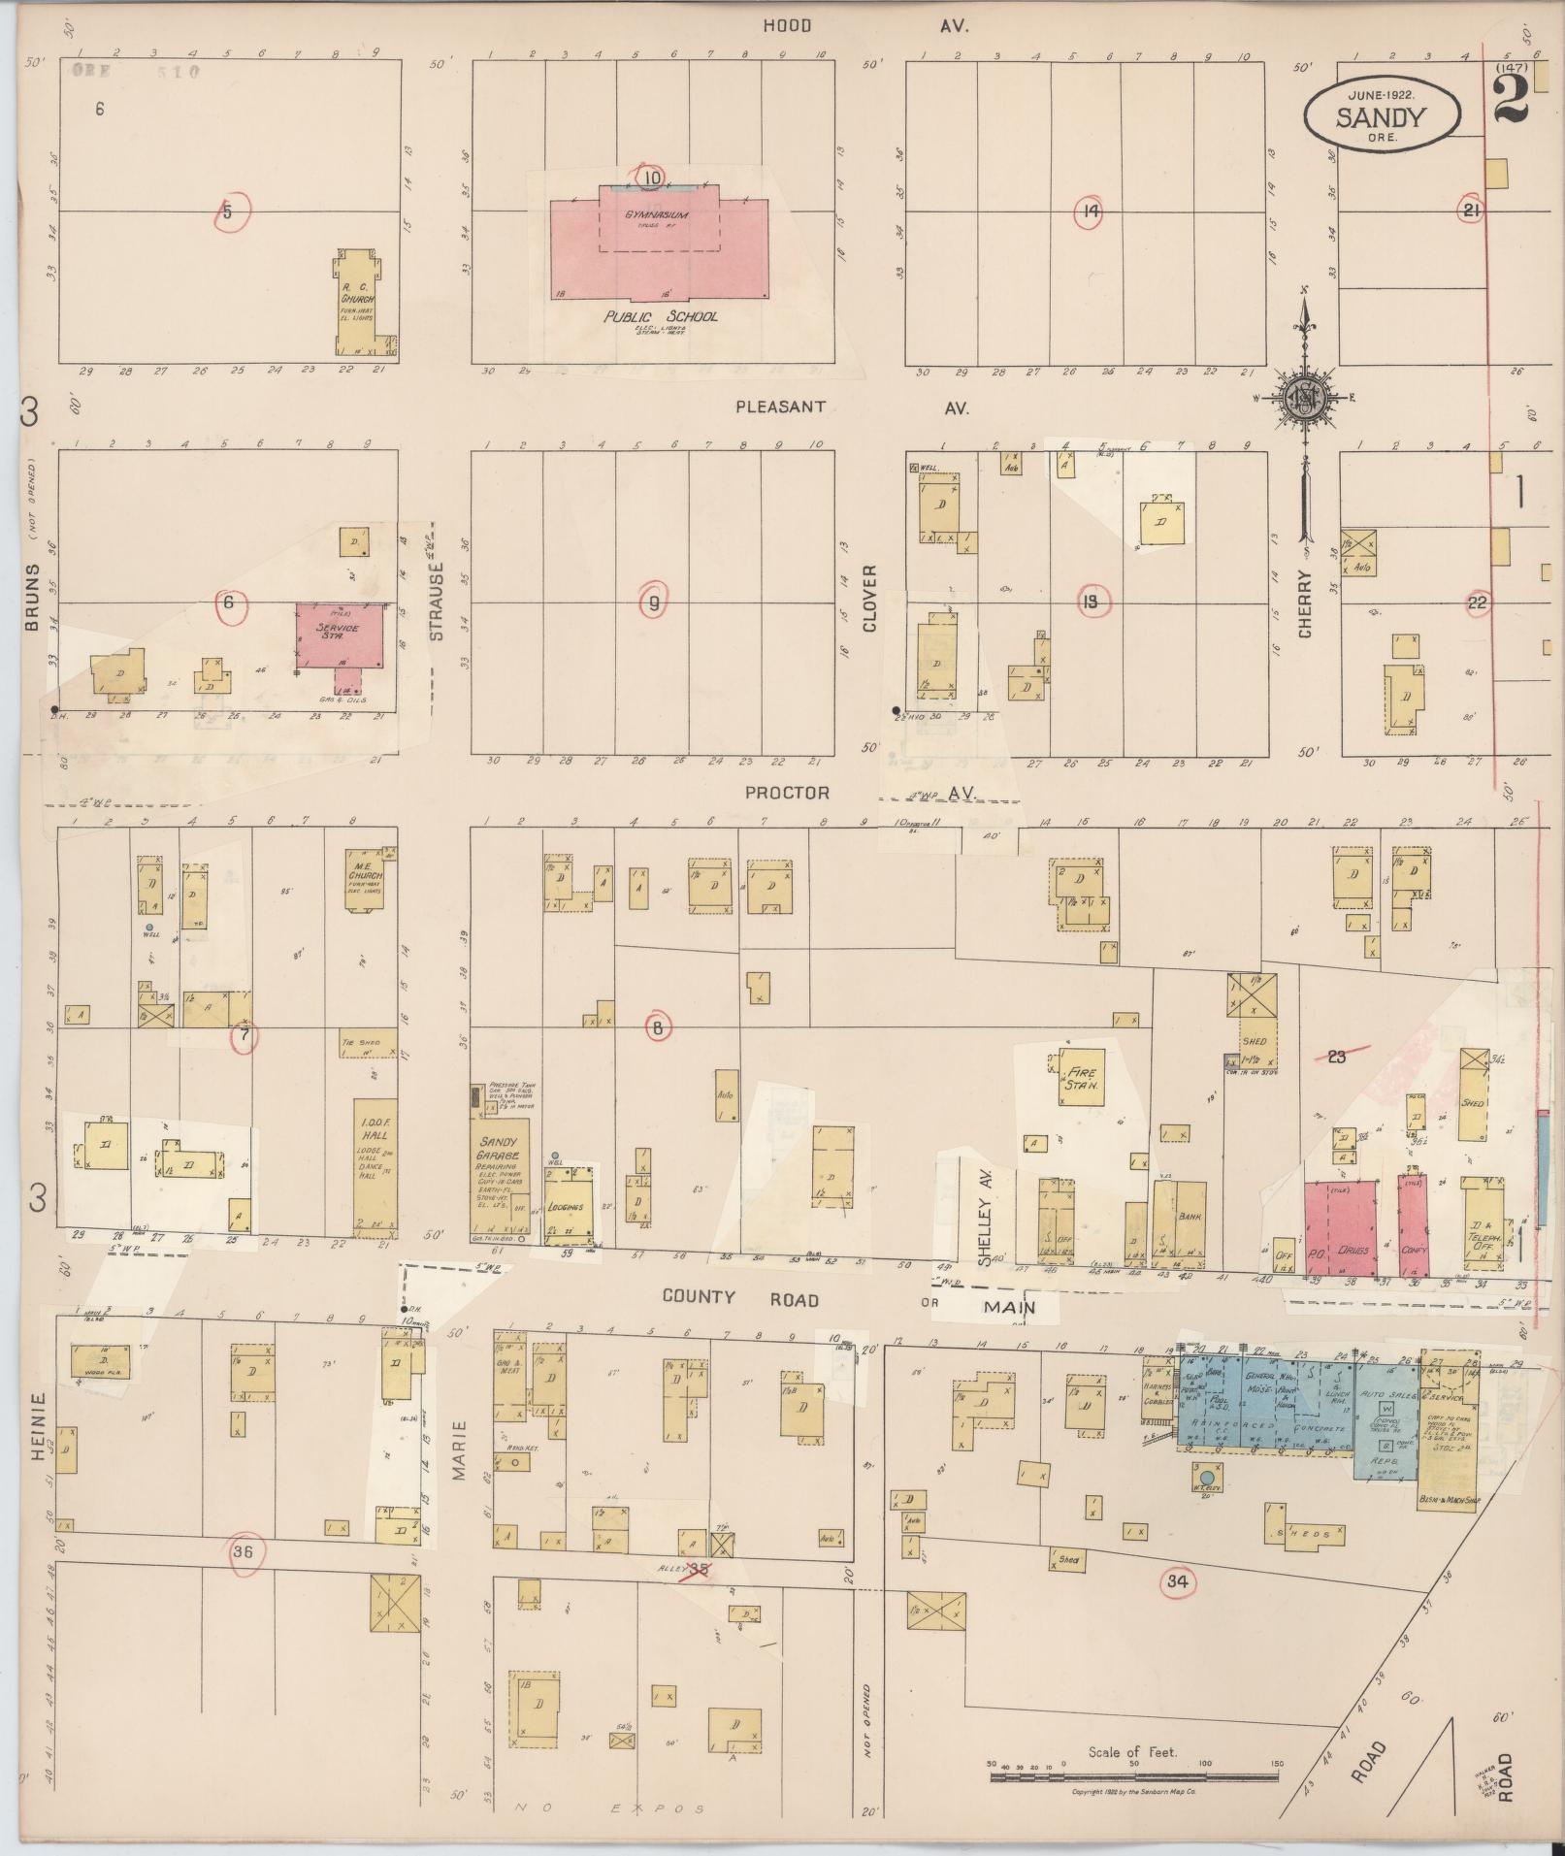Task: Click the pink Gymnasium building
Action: tap(659, 243)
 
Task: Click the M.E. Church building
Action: tap(365, 880)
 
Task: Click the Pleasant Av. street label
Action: tap(780, 407)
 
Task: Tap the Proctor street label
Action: tap(787, 793)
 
